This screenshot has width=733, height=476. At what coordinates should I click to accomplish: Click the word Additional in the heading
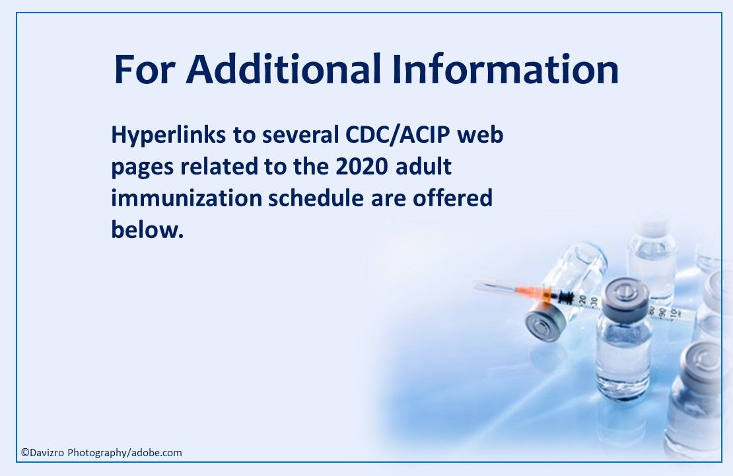click(x=284, y=69)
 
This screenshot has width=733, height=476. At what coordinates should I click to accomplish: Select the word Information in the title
click(x=505, y=69)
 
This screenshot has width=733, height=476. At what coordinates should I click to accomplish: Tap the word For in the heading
click(x=145, y=69)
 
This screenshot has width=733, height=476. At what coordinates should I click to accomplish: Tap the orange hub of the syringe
click(x=526, y=292)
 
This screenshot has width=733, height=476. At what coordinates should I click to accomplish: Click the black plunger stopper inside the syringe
click(x=564, y=297)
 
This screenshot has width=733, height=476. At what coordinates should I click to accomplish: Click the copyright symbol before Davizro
click(x=24, y=453)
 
